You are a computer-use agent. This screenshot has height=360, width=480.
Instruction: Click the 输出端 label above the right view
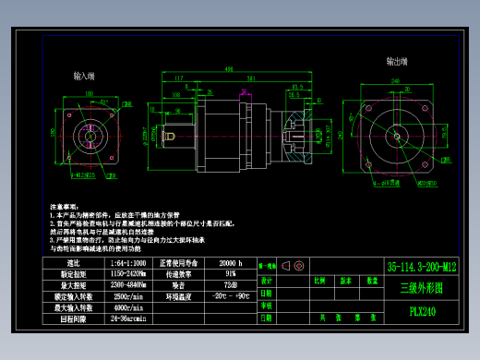398,61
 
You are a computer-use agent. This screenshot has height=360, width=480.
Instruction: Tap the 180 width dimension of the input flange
90,92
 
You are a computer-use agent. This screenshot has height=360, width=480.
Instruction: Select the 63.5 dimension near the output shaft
297,87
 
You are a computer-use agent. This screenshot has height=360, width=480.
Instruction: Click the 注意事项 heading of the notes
61,206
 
